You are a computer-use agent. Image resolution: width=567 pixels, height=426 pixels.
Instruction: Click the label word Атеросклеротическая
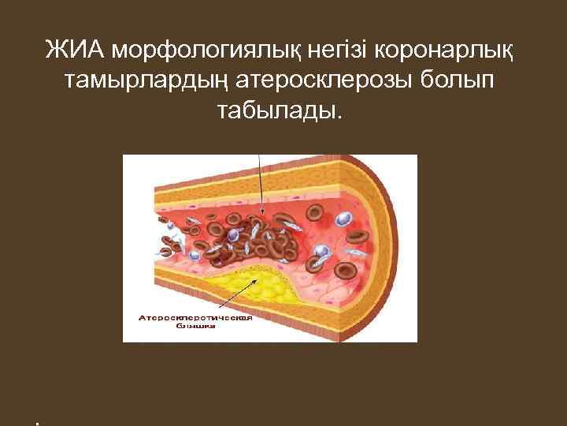point(195,318)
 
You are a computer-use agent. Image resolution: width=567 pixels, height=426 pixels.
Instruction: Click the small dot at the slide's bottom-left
point(37,423)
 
